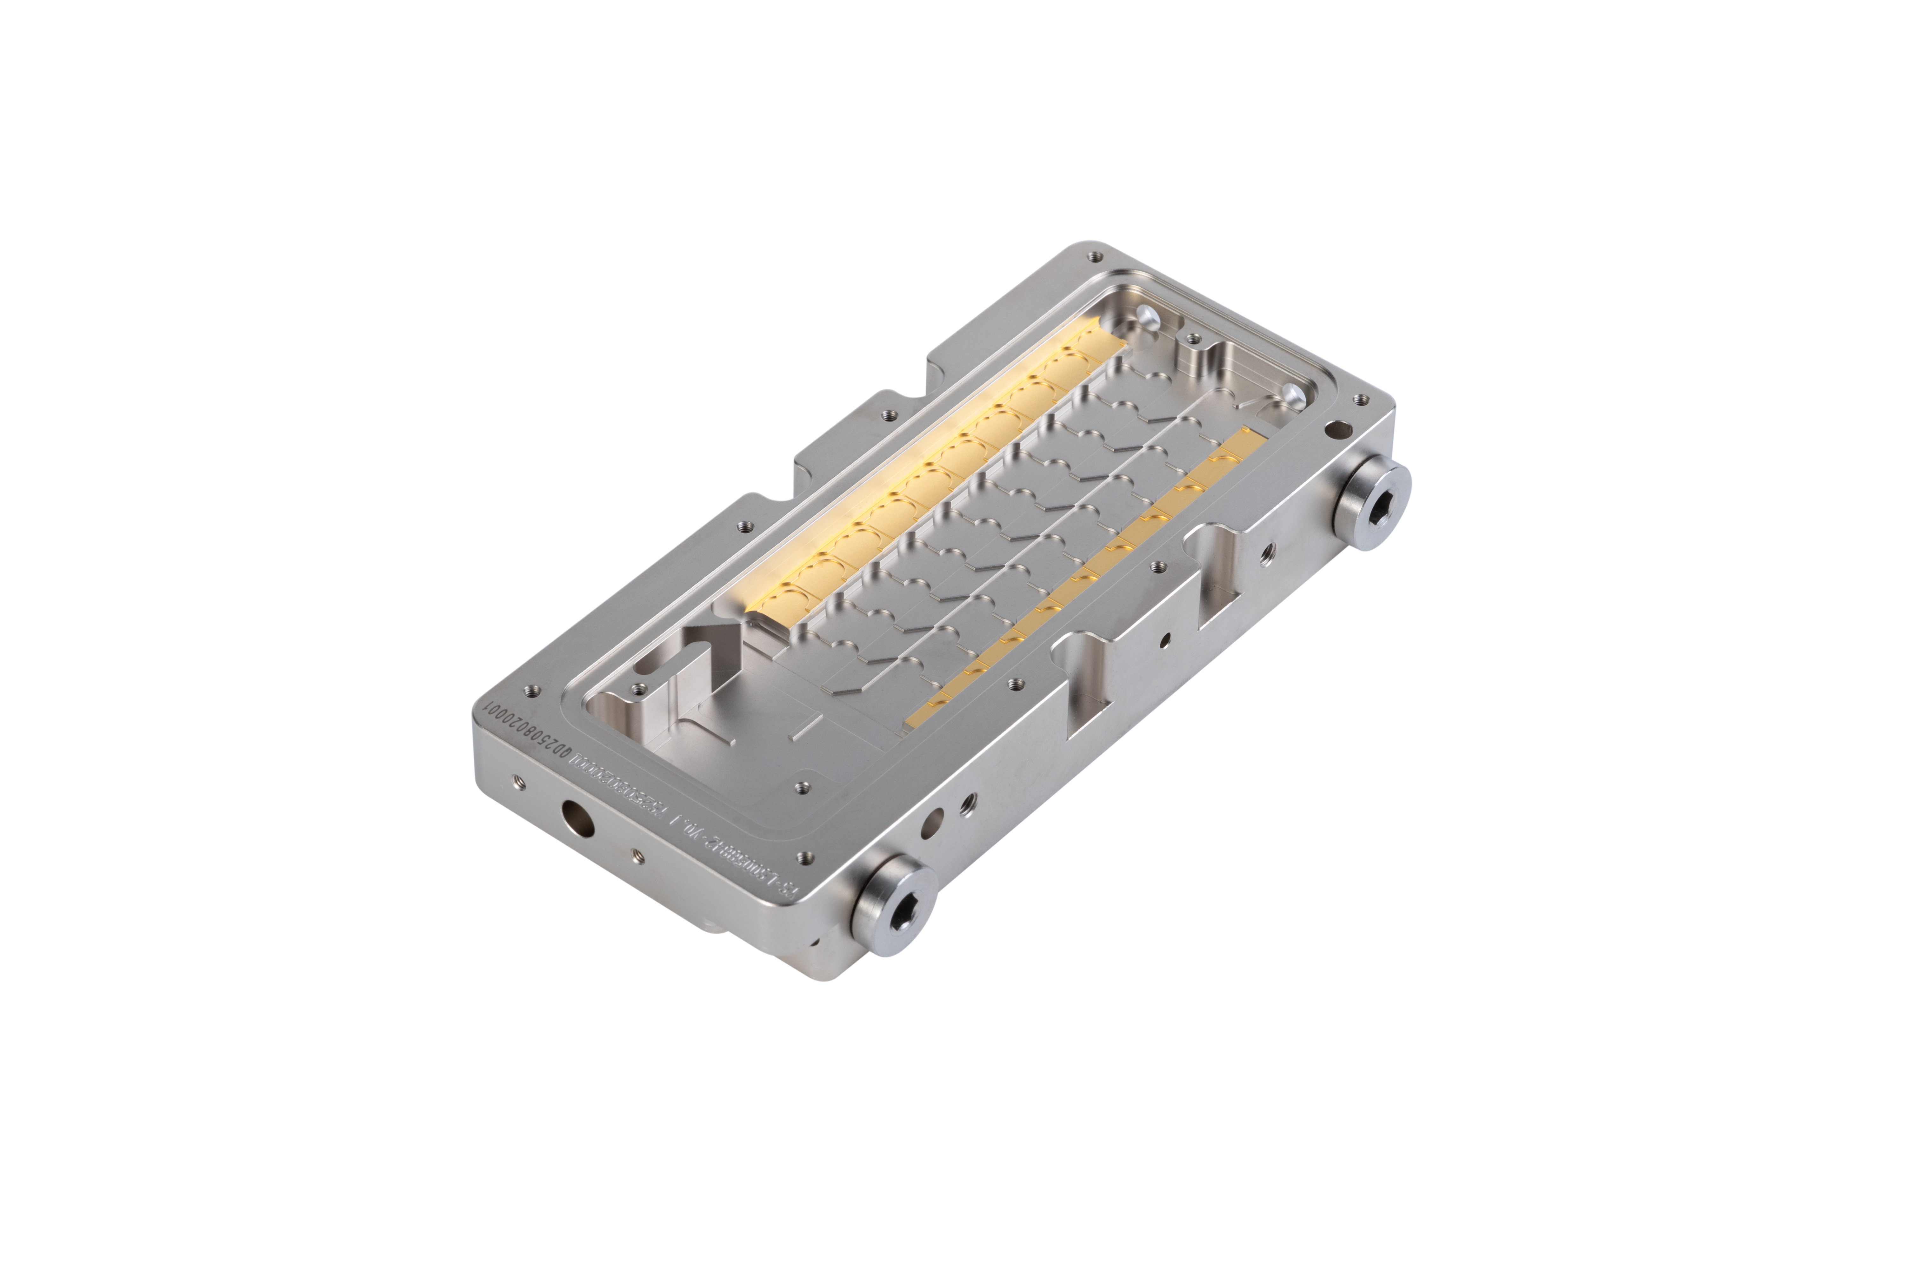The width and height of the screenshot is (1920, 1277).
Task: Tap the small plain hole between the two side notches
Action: (1166, 639)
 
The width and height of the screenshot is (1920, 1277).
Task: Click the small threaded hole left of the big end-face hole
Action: (515, 784)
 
